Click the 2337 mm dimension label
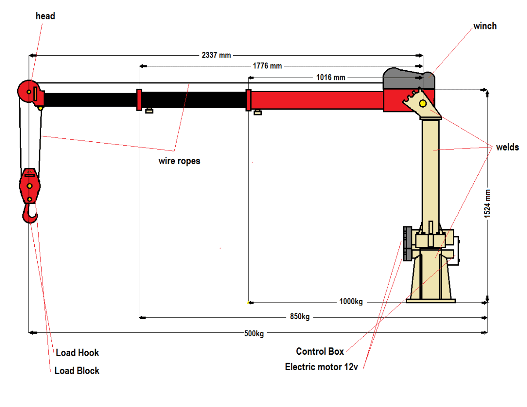click(x=216, y=55)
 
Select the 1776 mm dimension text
click(x=267, y=66)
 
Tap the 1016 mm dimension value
click(x=331, y=78)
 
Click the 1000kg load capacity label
click(x=351, y=302)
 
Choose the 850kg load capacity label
click(x=300, y=317)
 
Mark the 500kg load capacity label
click(x=254, y=333)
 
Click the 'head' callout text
click(x=45, y=16)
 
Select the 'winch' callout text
click(x=485, y=26)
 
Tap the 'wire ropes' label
click(x=179, y=161)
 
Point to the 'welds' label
click(x=507, y=147)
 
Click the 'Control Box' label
click(x=320, y=351)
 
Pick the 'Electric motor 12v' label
click(x=321, y=367)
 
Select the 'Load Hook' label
click(x=77, y=353)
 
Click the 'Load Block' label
click(x=77, y=371)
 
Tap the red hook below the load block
click(x=30, y=215)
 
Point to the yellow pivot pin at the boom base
click(x=422, y=104)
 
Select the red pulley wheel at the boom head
click(x=27, y=91)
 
